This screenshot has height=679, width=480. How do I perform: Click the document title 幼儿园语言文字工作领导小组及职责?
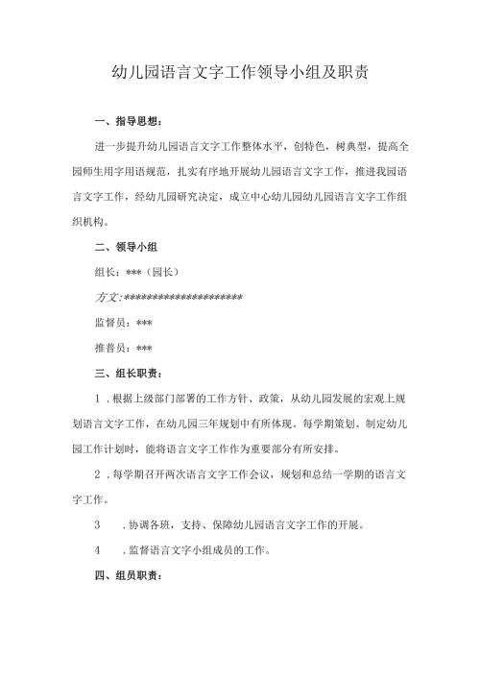pos(240,72)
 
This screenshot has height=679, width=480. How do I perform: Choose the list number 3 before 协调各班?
pos(98,525)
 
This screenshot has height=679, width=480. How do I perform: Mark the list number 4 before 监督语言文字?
pos(98,550)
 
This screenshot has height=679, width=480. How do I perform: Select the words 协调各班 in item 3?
pos(152,525)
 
